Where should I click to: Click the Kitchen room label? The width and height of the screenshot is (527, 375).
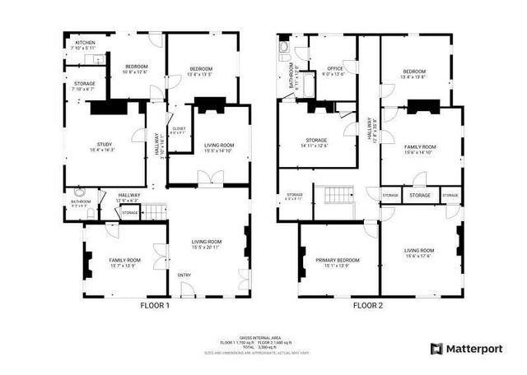(86, 42)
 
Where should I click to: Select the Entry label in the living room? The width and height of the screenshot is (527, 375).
(184, 275)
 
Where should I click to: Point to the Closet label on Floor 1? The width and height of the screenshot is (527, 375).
(178, 129)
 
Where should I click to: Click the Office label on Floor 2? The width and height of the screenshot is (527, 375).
(334, 68)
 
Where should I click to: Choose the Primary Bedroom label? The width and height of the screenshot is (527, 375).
(337, 261)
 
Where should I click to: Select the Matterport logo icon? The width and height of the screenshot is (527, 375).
(436, 349)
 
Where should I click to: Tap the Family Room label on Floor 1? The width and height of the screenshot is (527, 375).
(125, 261)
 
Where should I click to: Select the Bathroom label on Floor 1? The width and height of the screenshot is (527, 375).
(80, 201)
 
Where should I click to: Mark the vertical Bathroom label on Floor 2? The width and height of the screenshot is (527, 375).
(291, 76)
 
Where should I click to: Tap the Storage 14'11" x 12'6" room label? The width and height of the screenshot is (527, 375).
(315, 141)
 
